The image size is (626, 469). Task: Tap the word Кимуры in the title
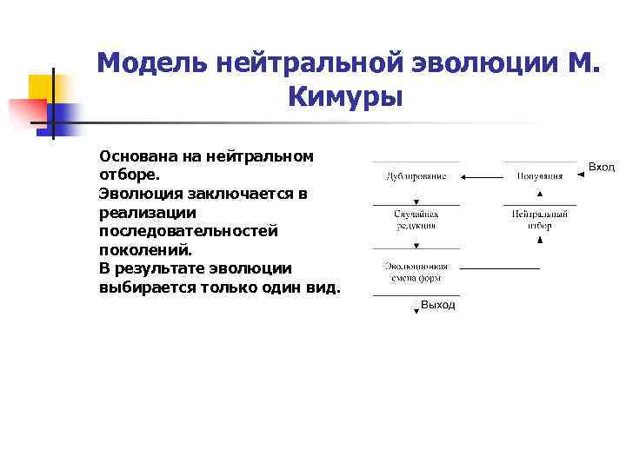pyautogui.click(x=344, y=98)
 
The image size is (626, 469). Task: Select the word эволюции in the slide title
pyautogui.click(x=479, y=63)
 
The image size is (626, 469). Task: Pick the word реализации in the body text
pyautogui.click(x=148, y=212)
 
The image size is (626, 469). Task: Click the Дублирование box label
pyautogui.click(x=416, y=176)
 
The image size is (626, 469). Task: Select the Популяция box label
pyautogui.click(x=540, y=176)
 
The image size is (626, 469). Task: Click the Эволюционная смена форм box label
pyautogui.click(x=416, y=272)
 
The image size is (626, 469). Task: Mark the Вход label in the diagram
pyautogui.click(x=602, y=167)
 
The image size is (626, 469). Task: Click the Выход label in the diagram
pyautogui.click(x=437, y=306)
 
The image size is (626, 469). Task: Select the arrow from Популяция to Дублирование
pyautogui.click(x=482, y=177)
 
